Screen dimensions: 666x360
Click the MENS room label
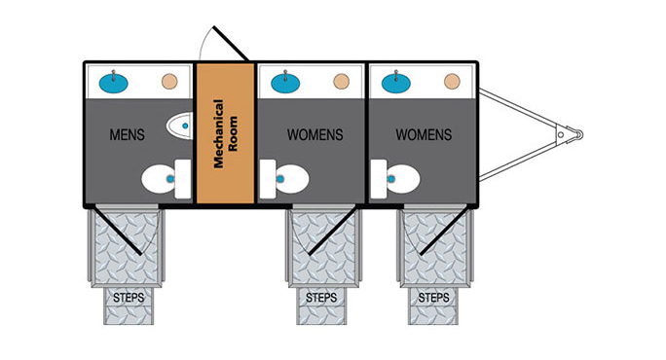coord(127,135)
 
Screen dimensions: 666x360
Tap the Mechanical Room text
coord(225,133)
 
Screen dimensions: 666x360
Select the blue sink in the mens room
coord(113,83)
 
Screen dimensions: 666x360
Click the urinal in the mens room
coord(180,126)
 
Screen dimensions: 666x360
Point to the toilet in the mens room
coord(166,179)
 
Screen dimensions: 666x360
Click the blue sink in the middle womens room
coord(285,82)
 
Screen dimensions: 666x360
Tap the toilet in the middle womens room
coord(284,179)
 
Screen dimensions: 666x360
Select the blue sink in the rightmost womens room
coord(396,82)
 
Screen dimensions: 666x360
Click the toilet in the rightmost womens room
coord(395,179)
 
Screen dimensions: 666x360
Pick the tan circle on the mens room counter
coord(169,82)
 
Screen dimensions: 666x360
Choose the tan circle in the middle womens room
coord(342,82)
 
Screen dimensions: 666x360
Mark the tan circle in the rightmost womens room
coord(452,82)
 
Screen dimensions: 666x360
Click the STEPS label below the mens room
coord(129,298)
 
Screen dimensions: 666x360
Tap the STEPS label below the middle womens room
coord(321,298)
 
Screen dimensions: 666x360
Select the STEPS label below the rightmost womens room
coord(433,298)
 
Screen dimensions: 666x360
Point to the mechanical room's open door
coord(231,44)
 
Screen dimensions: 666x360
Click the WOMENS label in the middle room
coord(315,135)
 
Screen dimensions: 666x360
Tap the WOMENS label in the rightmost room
coord(424,135)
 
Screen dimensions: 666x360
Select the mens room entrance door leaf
coord(117,230)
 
